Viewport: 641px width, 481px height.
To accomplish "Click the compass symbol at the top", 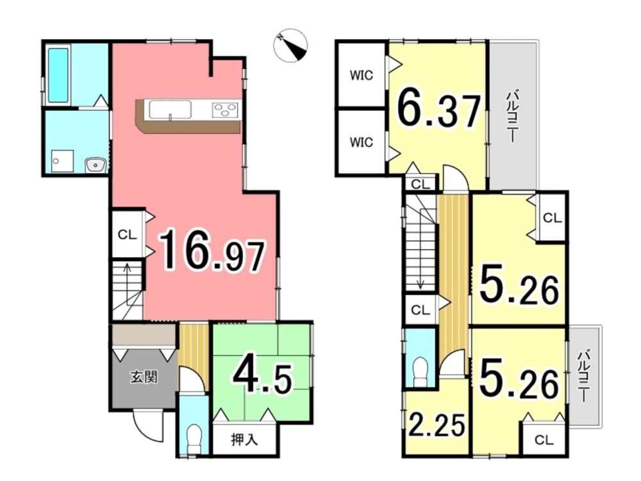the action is point(290,45).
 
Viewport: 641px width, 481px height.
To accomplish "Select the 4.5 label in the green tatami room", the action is point(262,378).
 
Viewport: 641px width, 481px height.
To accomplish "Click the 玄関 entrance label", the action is point(144,376).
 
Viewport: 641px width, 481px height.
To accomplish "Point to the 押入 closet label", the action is point(244,440).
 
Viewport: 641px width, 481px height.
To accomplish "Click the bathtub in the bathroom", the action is point(58,75).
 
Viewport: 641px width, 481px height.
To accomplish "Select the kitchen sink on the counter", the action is point(170,110).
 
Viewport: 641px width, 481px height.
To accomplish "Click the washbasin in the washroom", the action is point(96,165).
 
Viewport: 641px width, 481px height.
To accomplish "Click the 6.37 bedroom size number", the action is point(438,111).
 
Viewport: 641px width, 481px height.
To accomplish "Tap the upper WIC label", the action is point(361,75).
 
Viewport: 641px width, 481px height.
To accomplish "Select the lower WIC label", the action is point(361,142).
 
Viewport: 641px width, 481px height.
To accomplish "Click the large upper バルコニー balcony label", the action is point(512,117).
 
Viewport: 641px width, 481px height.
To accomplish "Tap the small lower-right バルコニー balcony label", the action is point(583,376).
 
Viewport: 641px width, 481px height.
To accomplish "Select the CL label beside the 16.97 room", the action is point(127,235).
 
